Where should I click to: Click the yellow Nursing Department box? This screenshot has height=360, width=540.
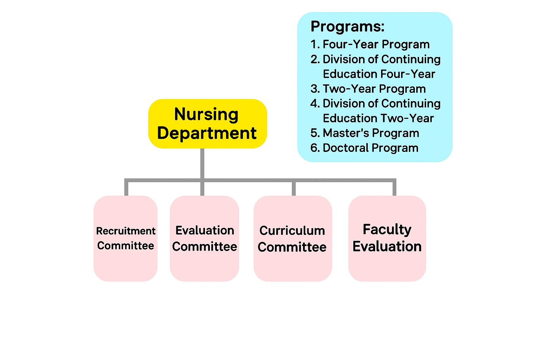click(x=207, y=123)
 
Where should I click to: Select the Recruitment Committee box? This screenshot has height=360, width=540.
click(x=126, y=238)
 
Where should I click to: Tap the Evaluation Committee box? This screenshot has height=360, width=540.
click(x=204, y=238)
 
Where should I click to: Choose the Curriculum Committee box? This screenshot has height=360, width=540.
click(x=292, y=238)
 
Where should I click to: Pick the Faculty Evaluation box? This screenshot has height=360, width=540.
click(x=387, y=238)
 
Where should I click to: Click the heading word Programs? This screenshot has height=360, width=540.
click(x=347, y=26)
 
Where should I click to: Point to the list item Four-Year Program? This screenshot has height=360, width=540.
click(x=376, y=44)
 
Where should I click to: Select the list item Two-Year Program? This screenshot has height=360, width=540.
click(x=374, y=89)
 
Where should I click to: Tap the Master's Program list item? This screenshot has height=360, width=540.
click(x=371, y=133)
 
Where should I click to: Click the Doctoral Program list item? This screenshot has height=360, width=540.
click(x=371, y=148)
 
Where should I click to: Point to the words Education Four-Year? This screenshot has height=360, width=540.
click(x=379, y=74)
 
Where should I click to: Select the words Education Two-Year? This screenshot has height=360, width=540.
click(x=378, y=118)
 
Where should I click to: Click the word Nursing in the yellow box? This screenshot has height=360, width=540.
click(x=206, y=115)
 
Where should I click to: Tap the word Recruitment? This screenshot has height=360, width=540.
click(x=126, y=231)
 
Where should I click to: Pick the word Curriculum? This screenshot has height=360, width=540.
click(x=292, y=231)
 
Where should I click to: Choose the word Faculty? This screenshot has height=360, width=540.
click(x=387, y=230)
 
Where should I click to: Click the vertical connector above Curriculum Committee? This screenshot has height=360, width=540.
click(x=294, y=189)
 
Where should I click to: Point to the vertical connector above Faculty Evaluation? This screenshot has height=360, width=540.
click(x=394, y=188)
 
